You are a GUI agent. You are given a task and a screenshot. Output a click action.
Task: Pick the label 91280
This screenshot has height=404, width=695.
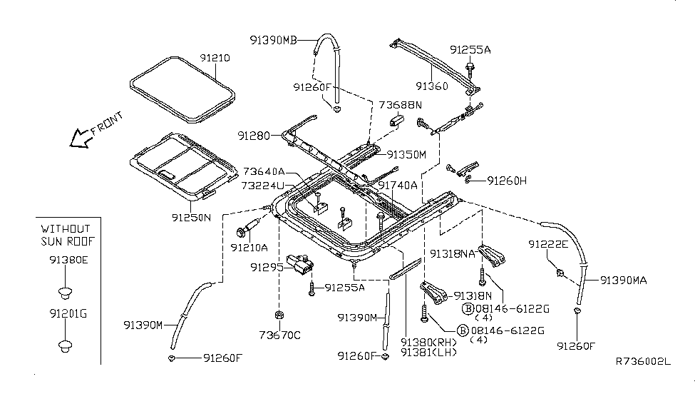pyautogui.click(x=255, y=134)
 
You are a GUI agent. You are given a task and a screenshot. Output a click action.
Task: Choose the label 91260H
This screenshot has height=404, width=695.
pyautogui.click(x=507, y=181)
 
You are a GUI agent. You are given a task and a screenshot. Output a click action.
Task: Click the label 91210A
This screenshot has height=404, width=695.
pyautogui.click(x=249, y=248)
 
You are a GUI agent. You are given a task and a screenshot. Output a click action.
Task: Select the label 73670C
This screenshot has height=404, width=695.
pyautogui.click(x=281, y=335)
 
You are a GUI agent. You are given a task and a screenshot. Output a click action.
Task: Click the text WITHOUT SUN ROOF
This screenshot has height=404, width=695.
pyautogui.click(x=65, y=234)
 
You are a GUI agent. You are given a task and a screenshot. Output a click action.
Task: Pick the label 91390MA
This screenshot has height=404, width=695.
pyautogui.click(x=624, y=281)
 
